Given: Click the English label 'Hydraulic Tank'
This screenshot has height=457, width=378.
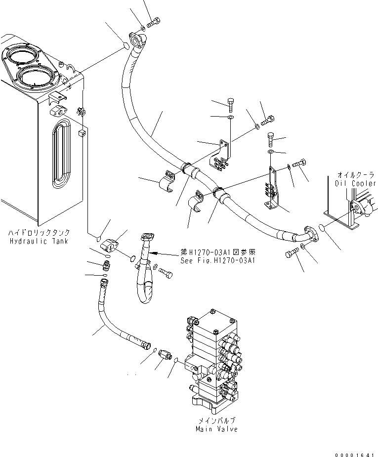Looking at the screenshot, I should pos(39,241).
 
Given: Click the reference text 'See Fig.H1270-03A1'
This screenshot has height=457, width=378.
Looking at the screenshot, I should pos(217,261).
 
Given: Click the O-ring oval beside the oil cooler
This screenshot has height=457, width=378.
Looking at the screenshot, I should pos(322,228).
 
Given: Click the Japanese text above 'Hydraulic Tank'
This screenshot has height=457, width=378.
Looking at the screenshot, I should pos(39,232).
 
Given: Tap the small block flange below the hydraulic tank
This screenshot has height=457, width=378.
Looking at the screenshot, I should pos(111,245).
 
